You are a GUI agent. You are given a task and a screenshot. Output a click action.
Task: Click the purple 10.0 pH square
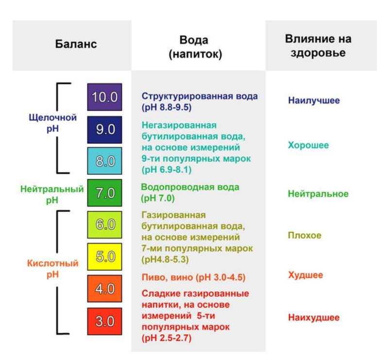click(104, 97)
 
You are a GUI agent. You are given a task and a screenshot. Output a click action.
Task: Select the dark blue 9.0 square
click(104, 130)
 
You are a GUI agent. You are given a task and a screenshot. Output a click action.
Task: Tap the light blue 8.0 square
click(104, 161)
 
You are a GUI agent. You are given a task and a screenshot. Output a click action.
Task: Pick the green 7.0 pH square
click(104, 193)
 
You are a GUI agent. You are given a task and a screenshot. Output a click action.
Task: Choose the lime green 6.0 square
click(104, 225)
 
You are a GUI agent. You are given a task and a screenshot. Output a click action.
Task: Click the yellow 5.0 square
click(104, 257)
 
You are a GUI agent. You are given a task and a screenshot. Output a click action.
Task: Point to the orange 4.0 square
click(104, 289)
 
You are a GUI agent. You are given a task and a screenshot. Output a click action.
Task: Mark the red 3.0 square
click(104, 321)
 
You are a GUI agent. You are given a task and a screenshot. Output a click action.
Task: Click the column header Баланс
click(76, 44)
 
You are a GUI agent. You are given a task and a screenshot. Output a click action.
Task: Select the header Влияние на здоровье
click(318, 46)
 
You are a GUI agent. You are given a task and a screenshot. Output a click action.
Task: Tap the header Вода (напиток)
click(195, 47)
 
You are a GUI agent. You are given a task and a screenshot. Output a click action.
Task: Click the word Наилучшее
click(314, 101)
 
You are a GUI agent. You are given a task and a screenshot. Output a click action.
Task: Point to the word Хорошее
click(308, 145)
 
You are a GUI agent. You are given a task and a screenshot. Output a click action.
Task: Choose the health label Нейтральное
click(318, 194)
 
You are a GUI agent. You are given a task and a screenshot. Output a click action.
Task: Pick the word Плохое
click(305, 235)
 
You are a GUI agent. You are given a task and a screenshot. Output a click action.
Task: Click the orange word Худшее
click(305, 275)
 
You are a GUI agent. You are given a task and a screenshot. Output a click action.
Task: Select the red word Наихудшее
click(314, 318)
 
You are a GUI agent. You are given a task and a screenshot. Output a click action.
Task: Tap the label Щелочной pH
click(53, 123)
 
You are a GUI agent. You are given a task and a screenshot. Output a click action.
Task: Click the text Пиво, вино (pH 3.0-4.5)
click(193, 277)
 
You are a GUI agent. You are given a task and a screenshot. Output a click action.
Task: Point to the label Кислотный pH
click(53, 269)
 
